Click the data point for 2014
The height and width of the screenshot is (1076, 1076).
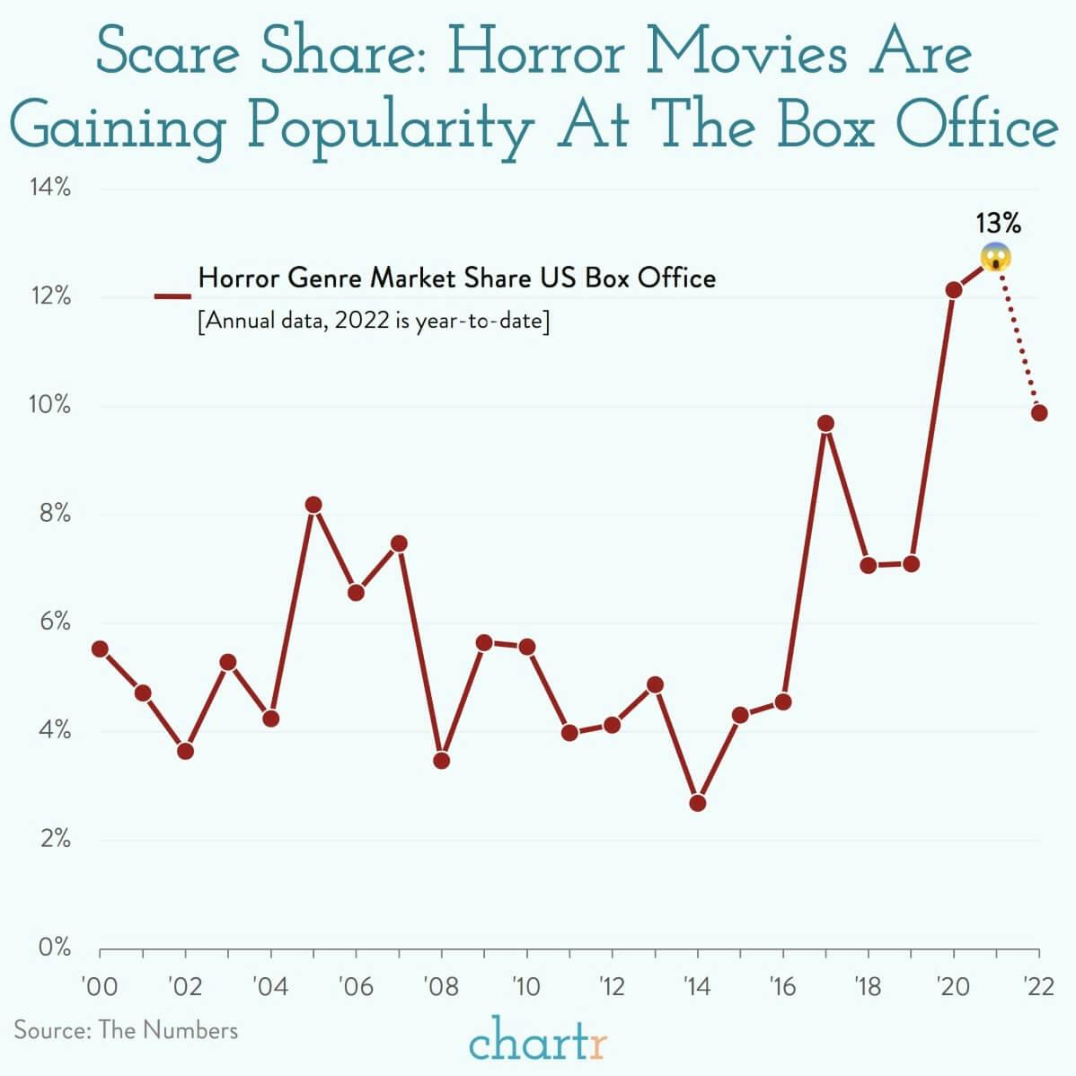tap(697, 803)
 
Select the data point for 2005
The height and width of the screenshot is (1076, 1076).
tap(313, 505)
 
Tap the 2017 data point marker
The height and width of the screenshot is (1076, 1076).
tap(825, 423)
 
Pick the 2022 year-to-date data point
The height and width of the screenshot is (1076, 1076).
tap(1039, 413)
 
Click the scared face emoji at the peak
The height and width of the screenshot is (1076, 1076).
tap(996, 257)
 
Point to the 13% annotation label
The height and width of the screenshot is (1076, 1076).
tap(998, 223)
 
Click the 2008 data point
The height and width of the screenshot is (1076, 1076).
tap(441, 761)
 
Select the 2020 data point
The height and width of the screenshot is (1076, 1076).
tap(954, 290)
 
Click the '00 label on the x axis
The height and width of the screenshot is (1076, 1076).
tap(99, 987)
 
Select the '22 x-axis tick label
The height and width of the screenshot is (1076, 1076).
tap(1039, 987)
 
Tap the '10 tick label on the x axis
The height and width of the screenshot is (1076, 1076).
tap(525, 987)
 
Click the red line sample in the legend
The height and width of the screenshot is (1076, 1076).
tap(172, 295)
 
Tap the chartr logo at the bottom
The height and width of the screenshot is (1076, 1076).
tap(538, 1043)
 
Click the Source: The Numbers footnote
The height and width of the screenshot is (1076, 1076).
tap(126, 1029)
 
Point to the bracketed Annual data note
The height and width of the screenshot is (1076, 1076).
tap(373, 321)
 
